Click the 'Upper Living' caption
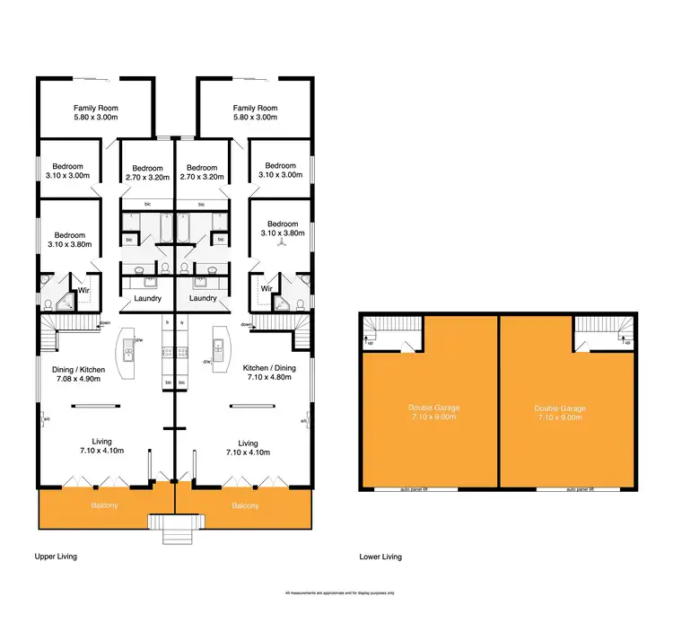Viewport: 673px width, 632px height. (56, 557)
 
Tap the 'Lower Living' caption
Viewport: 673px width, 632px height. (380, 557)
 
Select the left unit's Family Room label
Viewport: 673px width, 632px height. (96, 108)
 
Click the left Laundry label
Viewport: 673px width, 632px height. (146, 299)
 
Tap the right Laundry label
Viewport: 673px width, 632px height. (204, 299)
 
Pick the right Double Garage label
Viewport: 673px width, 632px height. (563, 409)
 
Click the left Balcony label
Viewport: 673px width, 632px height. (104, 505)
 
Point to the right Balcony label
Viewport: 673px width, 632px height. (245, 505)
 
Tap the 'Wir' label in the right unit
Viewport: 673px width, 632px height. (266, 289)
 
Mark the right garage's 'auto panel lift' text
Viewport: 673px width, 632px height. (583, 490)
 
